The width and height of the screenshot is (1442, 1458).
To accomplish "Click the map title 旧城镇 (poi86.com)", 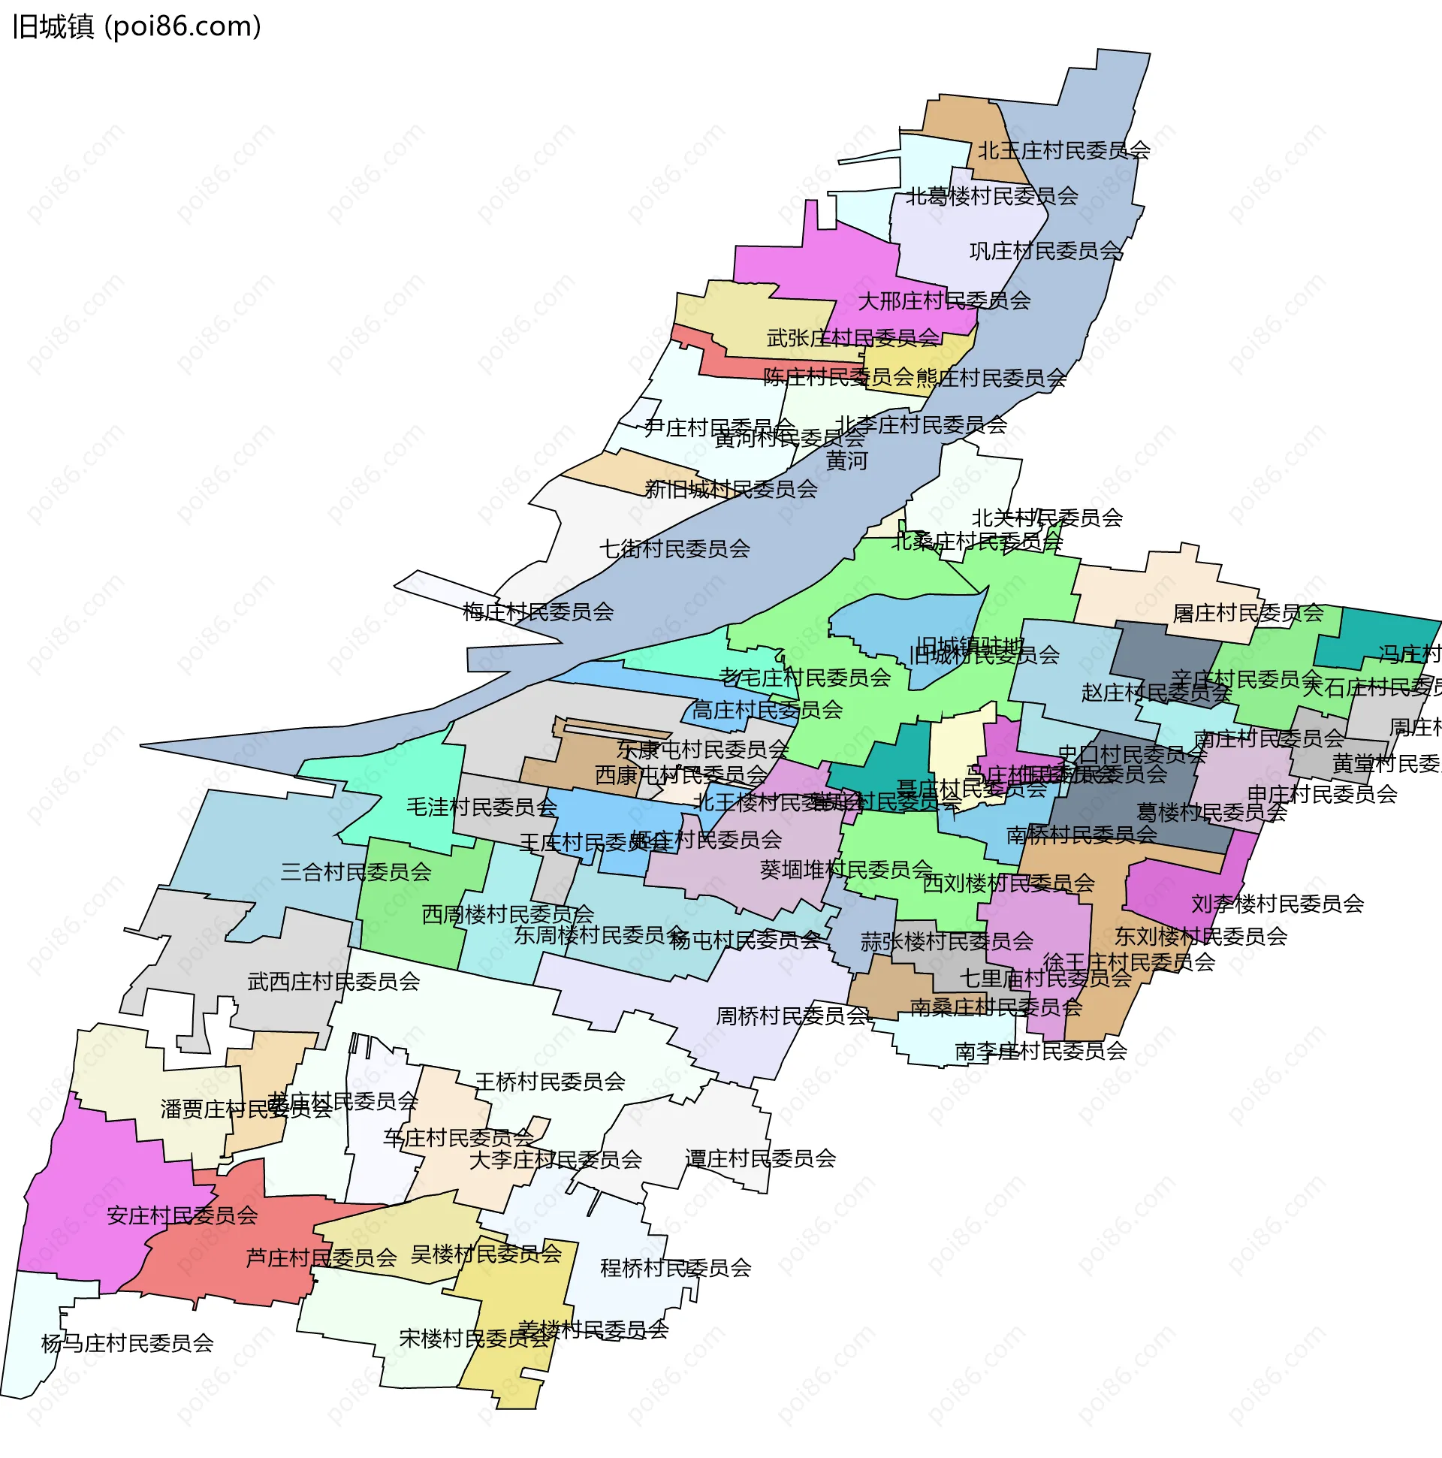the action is point(137,27).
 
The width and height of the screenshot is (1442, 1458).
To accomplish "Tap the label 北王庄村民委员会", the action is point(1064,151).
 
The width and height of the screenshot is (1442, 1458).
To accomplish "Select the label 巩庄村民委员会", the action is point(1046,251).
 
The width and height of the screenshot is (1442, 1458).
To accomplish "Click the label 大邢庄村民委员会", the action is point(944,301).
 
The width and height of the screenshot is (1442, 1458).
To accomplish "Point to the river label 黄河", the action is point(846,460).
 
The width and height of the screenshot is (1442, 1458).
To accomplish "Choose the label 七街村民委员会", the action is point(674,548).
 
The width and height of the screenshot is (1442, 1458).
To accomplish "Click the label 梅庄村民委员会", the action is point(538,611).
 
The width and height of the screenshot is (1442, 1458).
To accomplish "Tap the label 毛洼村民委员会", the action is point(481,807).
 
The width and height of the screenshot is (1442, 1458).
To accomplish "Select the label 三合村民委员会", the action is point(355,872).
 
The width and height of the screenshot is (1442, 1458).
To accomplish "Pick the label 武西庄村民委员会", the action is point(333,982).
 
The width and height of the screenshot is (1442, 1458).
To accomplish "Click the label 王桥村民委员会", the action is point(550,1082).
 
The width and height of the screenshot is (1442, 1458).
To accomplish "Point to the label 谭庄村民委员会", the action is point(761,1158).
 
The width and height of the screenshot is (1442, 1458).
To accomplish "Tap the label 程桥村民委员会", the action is point(675,1268).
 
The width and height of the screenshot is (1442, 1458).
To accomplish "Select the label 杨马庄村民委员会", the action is point(128,1343).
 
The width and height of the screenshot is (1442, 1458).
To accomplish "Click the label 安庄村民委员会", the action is point(182,1216).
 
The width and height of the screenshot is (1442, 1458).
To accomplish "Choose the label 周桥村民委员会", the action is point(792,1016).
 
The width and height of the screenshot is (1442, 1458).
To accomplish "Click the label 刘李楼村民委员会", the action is point(1278,904).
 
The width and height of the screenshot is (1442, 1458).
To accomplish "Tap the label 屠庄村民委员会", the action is point(1248,613).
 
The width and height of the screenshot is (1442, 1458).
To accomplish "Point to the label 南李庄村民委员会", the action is point(1040,1051).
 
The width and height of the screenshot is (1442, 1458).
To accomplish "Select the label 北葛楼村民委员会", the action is point(991,196).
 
